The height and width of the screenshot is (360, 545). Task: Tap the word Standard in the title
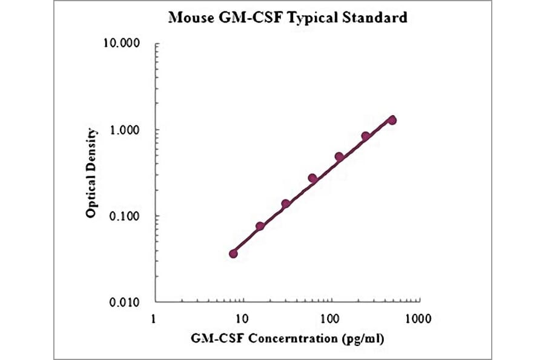[x=375, y=18]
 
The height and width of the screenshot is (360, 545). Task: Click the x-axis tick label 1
[x=154, y=317]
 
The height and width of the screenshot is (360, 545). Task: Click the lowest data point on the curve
[x=234, y=253]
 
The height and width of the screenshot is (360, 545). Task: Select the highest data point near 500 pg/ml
[x=392, y=120]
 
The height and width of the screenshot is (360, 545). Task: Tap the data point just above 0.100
[x=286, y=204]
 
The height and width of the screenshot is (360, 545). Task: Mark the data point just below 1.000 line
[x=366, y=136]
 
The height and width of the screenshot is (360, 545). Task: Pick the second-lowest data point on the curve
[x=260, y=226]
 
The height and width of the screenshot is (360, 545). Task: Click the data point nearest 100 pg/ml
[x=339, y=157]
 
